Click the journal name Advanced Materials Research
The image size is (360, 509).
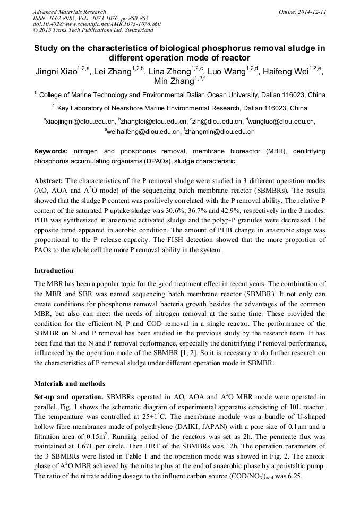(69, 12)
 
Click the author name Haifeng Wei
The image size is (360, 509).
(290, 73)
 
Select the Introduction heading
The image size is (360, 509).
(54, 270)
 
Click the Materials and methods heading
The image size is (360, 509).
(70, 383)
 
